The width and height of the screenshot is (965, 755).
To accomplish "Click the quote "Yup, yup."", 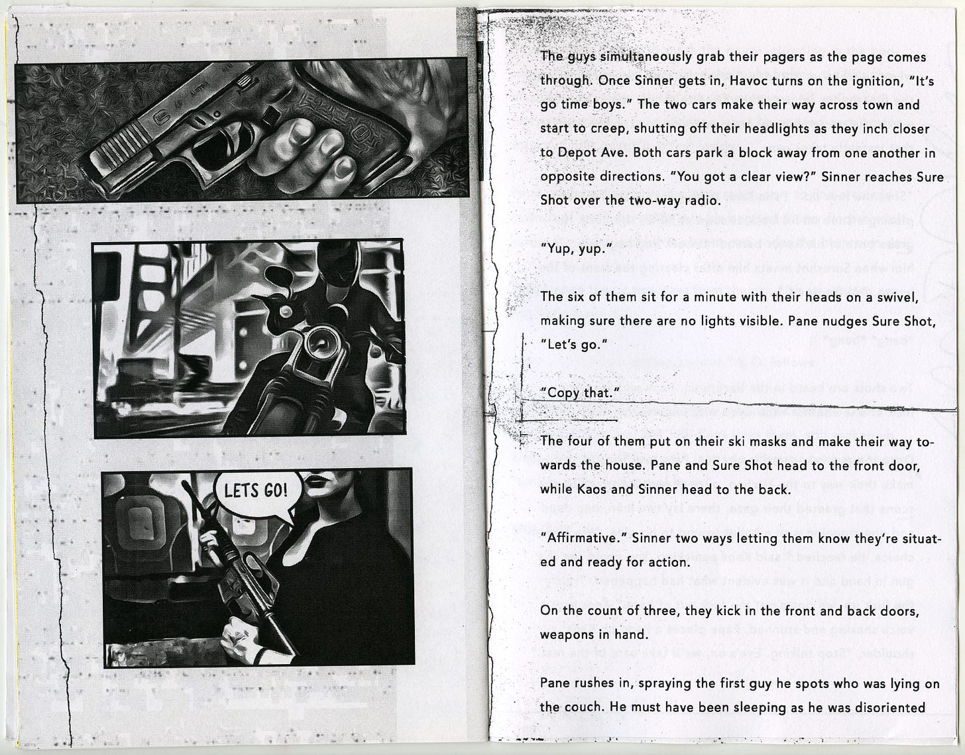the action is (576, 249).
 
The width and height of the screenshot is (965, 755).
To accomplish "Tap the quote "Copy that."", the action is (579, 393).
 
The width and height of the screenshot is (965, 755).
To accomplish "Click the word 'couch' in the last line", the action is (581, 707).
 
